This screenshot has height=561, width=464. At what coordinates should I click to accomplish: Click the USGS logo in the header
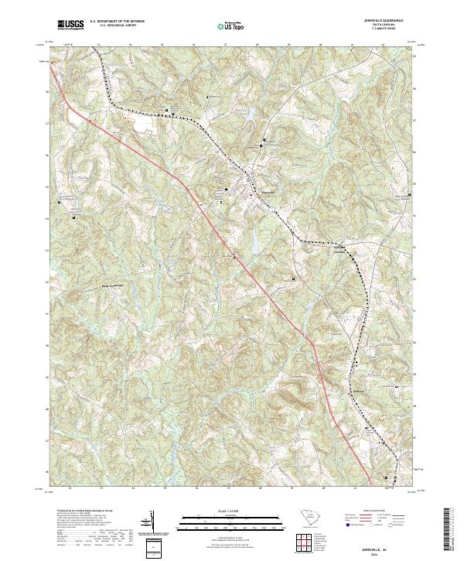click(70, 26)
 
